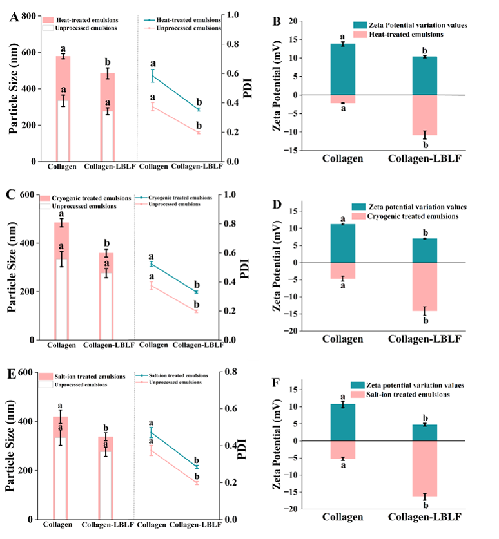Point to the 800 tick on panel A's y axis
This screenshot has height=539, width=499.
tap(27, 14)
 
